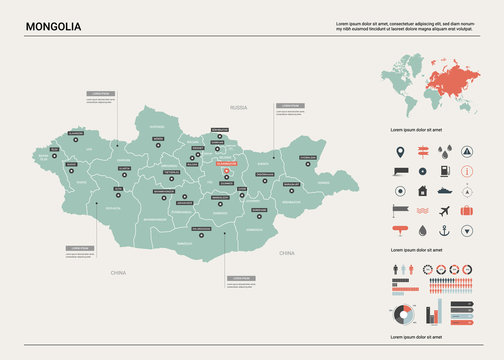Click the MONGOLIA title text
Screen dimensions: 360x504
click(54, 25)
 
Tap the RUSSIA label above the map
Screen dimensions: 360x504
click(238, 106)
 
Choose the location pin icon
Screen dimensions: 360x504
click(401, 153)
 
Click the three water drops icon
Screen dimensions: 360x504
click(443, 153)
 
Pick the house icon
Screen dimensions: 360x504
click(422, 190)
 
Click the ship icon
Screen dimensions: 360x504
click(443, 190)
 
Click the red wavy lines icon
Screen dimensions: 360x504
click(422, 210)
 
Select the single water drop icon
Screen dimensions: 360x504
click(422, 229)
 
